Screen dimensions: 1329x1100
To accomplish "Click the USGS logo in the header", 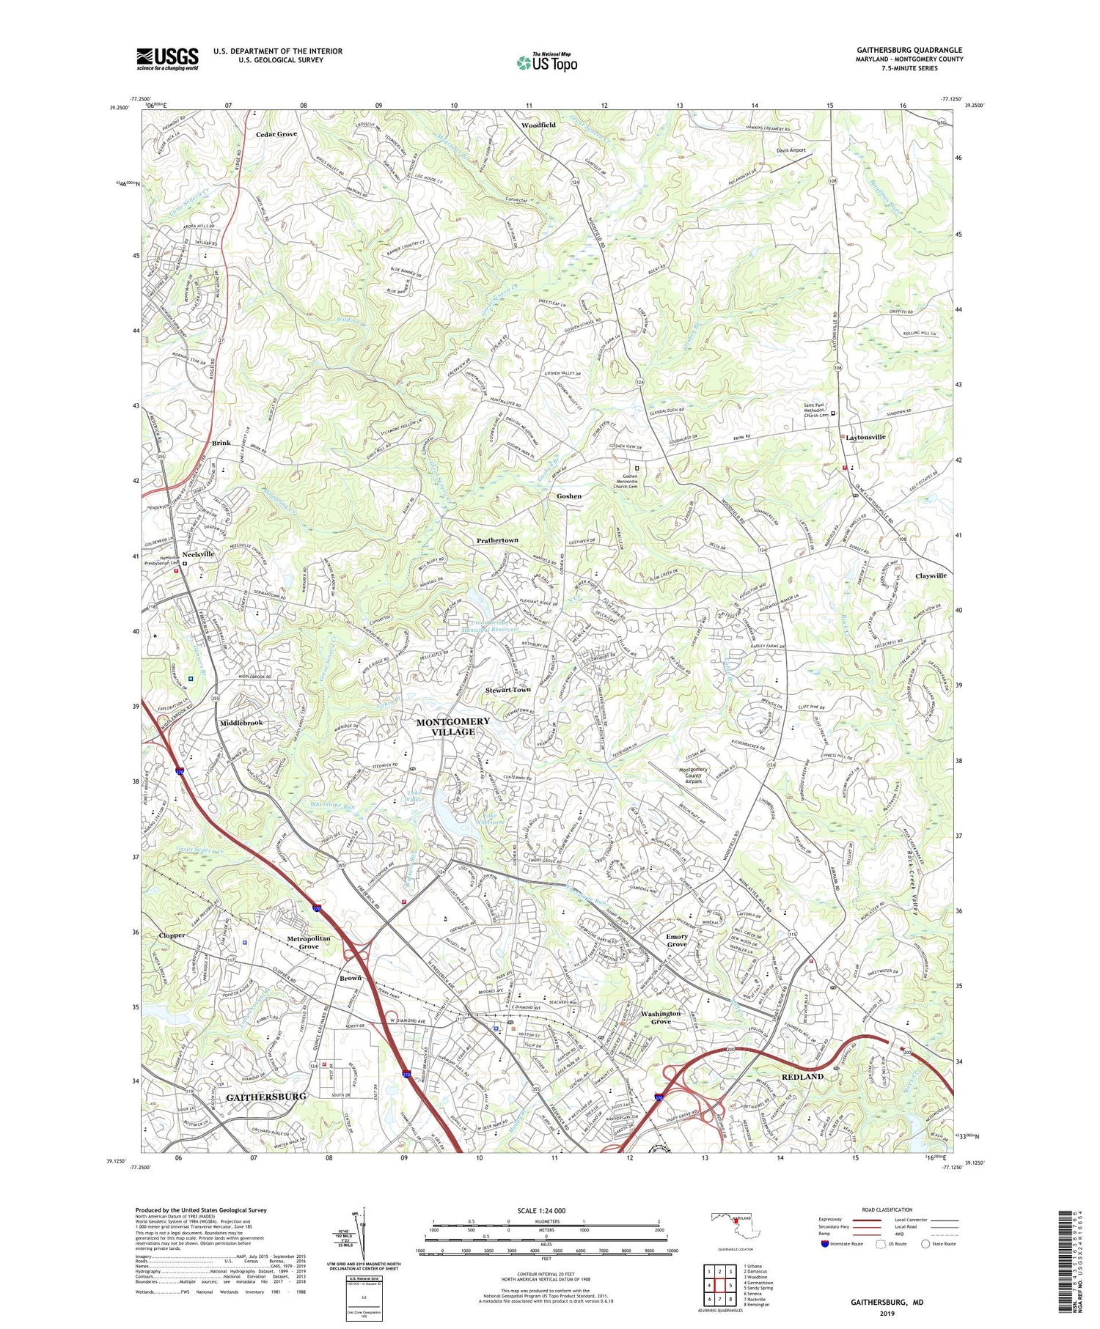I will tap(167, 59).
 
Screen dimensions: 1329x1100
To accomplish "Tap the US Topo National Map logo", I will tap(546, 62).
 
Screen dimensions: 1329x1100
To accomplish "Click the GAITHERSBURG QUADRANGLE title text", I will tap(909, 50).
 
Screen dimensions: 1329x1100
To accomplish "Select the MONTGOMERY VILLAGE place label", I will tap(452, 726).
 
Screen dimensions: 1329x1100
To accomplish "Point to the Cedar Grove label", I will tap(276, 134).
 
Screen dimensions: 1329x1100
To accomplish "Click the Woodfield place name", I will tap(538, 125).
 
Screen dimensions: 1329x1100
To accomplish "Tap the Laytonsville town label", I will tap(865, 437).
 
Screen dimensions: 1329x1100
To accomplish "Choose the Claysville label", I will tap(931, 575).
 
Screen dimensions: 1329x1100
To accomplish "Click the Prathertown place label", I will tap(497, 540).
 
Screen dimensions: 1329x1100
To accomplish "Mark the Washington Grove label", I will tap(661, 1017).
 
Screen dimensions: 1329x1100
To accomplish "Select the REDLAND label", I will tap(802, 1076).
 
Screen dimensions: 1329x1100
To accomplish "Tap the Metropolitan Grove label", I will tap(309, 942).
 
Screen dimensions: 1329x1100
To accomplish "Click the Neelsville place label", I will tap(198, 554).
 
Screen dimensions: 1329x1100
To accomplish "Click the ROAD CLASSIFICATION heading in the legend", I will tap(887, 1210).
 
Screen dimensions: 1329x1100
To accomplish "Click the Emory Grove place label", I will tap(677, 940).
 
